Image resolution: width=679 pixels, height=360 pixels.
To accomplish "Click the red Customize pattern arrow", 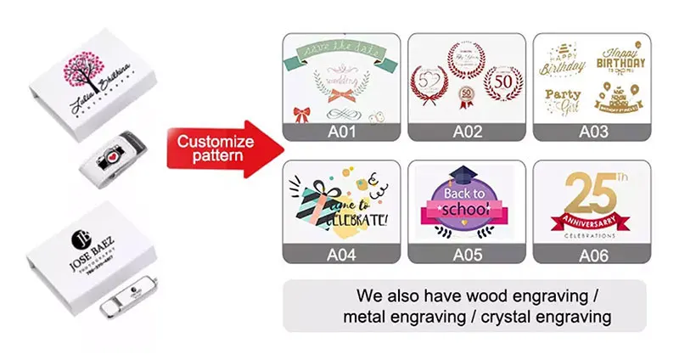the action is point(222,146).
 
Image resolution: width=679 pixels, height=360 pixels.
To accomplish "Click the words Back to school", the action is point(463,202).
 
